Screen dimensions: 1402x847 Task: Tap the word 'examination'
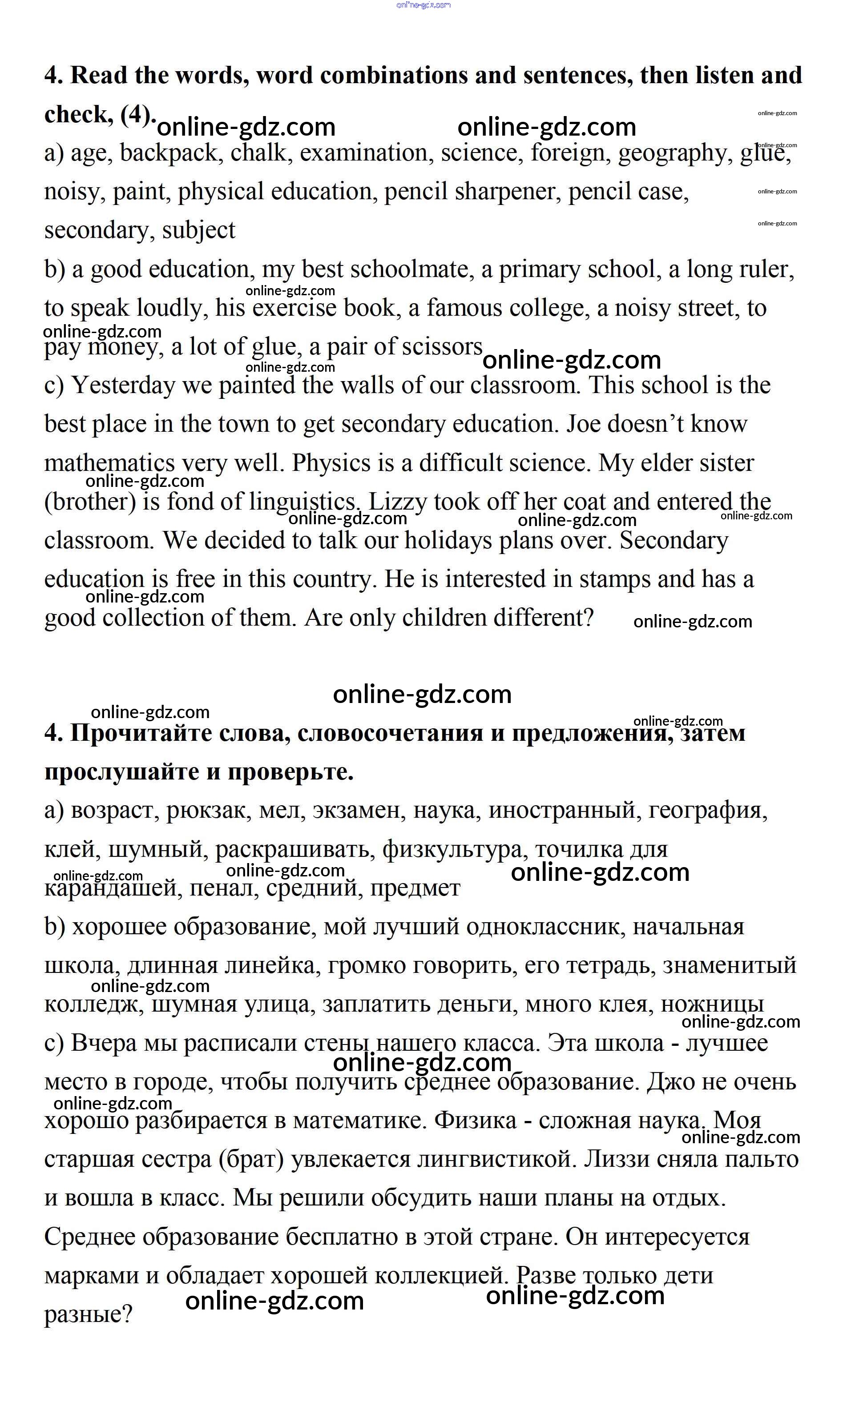point(364,153)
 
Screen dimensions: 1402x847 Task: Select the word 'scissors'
point(442,346)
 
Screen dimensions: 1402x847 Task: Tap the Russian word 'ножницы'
point(711,1004)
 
